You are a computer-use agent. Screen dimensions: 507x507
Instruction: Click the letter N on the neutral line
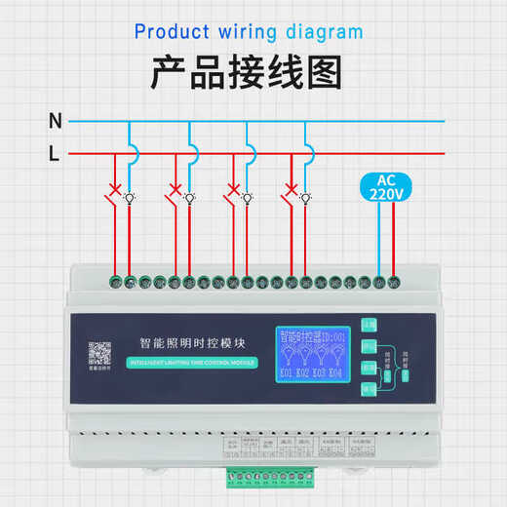(x=56, y=122)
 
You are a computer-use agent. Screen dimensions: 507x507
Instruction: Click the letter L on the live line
(x=55, y=154)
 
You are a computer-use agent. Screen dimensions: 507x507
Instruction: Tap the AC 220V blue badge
(x=385, y=187)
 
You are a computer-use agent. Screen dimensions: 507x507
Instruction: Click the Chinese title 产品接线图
(x=253, y=74)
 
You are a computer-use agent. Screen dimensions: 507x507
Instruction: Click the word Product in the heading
(x=171, y=31)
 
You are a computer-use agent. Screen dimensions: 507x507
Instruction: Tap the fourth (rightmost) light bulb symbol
(x=306, y=197)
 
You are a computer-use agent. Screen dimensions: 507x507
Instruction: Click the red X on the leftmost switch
(x=117, y=187)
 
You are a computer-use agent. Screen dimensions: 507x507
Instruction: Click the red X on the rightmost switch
(x=290, y=187)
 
